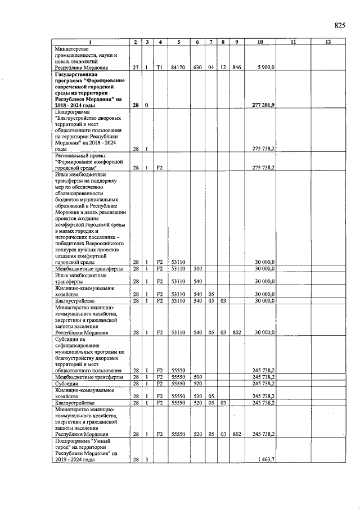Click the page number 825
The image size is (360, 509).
tap(339, 25)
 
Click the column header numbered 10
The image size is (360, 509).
tap(260, 43)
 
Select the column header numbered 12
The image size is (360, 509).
tap(328, 43)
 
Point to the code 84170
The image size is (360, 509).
tap(178, 67)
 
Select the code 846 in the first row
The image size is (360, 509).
tap(236, 67)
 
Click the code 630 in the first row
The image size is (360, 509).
tap(197, 67)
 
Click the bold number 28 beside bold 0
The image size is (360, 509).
tap(136, 105)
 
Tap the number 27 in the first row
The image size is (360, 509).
tap(136, 67)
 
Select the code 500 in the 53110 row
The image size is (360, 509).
tap(197, 269)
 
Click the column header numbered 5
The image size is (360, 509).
tap(178, 43)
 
